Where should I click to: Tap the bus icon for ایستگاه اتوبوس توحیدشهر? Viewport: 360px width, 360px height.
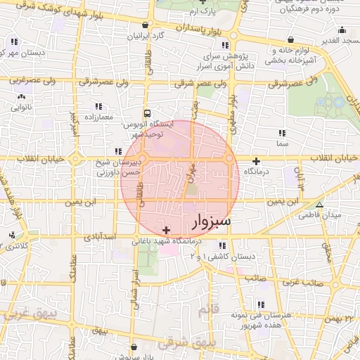pos(146,113)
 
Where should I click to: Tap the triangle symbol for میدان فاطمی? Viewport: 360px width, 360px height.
pos(320,205)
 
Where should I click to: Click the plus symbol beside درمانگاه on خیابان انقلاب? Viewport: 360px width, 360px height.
pos(256,161)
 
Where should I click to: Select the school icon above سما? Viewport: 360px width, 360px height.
pos(282,133)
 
